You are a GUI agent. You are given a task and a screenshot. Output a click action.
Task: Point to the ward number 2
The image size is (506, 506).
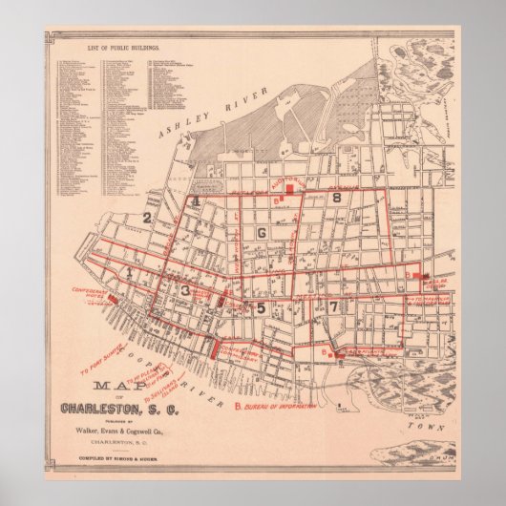tap(147, 217)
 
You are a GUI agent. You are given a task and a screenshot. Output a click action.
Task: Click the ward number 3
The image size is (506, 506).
tap(185, 290)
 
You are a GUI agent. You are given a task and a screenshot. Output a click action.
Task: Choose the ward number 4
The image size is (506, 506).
tap(195, 201)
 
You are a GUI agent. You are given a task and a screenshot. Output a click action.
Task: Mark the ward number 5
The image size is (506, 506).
tap(260, 306)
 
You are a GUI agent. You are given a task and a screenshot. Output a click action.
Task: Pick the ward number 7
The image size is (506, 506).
tap(332, 306)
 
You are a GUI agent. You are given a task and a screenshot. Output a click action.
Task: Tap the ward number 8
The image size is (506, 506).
tap(337, 198)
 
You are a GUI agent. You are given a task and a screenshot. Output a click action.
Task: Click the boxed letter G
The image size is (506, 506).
tap(259, 232)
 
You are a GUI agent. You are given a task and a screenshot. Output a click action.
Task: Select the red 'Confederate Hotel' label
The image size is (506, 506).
tap(93, 291)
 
